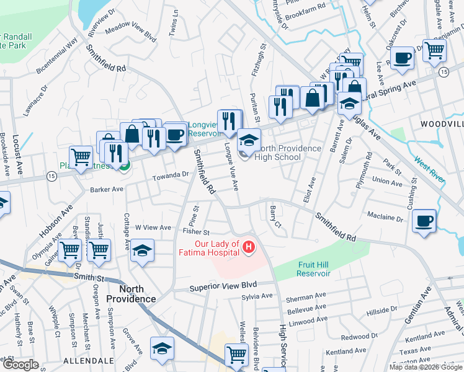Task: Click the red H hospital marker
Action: point(249,248)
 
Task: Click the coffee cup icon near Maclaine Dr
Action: point(424,221)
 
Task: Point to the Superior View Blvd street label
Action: point(223,287)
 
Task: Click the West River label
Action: point(429,169)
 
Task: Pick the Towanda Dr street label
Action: point(171,175)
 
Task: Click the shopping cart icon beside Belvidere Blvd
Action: point(236,355)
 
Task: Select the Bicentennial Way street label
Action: point(57,56)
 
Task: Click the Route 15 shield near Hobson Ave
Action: point(51,177)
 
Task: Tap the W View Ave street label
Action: point(153,228)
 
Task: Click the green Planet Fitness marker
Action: point(125,166)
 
